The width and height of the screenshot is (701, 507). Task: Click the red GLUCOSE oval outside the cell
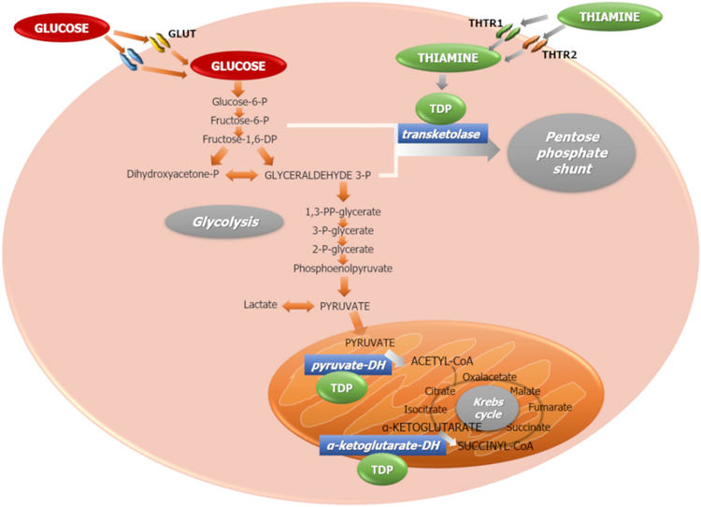tap(54, 28)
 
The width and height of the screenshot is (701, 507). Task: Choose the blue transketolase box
tap(446, 134)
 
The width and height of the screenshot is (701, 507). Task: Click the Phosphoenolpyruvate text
tap(342, 268)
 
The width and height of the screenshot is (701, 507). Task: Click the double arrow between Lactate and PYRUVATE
tap(297, 306)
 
